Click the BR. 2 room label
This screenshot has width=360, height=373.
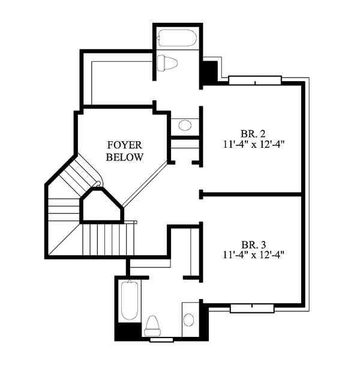253,134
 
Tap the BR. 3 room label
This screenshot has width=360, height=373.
254,244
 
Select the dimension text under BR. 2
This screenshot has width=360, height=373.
254,144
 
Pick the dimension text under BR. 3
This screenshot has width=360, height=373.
254,255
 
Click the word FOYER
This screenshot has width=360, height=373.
125,145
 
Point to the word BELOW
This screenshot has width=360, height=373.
125,157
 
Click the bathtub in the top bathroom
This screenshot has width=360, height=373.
177,38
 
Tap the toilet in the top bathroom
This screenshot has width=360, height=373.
167,63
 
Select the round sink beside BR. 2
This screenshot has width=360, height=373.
185,126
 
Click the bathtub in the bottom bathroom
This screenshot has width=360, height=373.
130,300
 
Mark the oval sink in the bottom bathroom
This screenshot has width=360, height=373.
189,319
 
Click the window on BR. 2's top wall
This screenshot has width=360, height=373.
255,80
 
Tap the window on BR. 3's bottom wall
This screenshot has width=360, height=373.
252,308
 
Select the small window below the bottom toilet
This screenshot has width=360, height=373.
161,340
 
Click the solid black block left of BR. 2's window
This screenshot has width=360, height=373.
209,71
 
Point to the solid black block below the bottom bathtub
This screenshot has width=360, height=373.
128,332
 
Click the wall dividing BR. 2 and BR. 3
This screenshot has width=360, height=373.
251,195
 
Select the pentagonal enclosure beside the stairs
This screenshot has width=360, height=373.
102,206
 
